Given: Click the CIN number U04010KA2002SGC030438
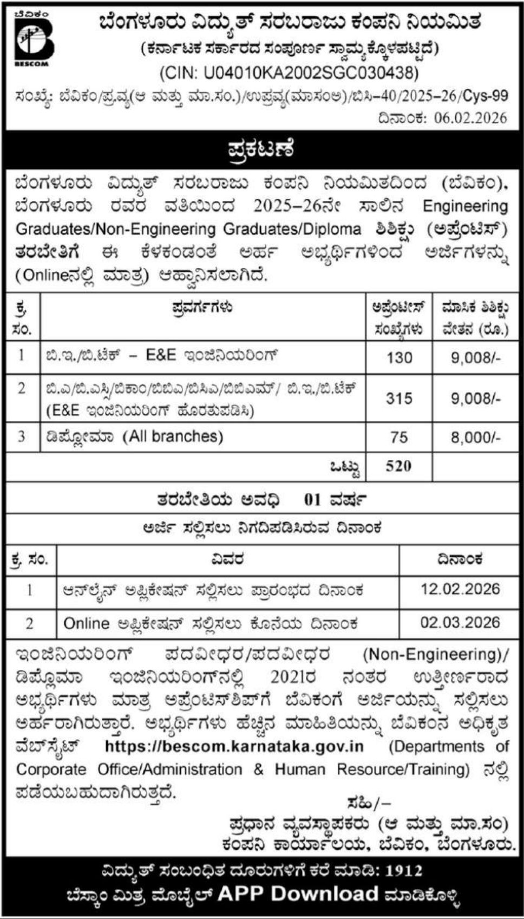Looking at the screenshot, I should click(x=289, y=73).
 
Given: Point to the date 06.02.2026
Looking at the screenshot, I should click(x=470, y=118).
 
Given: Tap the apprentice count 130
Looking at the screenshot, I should click(x=399, y=358).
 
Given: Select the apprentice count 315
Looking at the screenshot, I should click(x=399, y=399).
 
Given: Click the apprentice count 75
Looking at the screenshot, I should click(x=399, y=437).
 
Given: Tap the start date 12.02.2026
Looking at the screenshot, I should click(x=460, y=589).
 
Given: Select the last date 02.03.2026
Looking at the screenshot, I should click(x=460, y=622).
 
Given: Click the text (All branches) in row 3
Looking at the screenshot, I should click(x=173, y=436).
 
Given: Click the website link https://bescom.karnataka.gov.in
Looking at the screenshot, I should click(x=234, y=746).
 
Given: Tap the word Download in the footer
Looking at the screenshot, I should click(x=324, y=894).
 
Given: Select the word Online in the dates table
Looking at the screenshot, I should click(x=86, y=623).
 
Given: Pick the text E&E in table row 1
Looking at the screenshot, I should click(x=161, y=355).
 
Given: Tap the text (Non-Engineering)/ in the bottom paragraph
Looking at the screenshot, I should click(x=436, y=655).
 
